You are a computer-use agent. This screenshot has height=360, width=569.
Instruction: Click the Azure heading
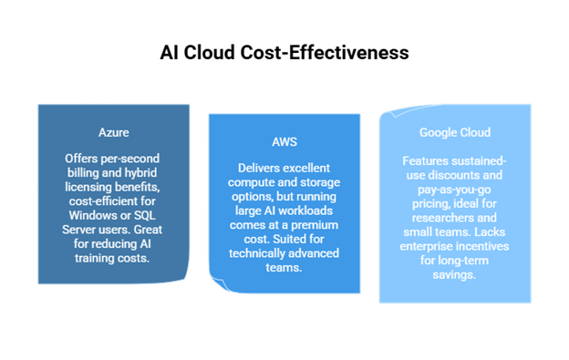[113, 132]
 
